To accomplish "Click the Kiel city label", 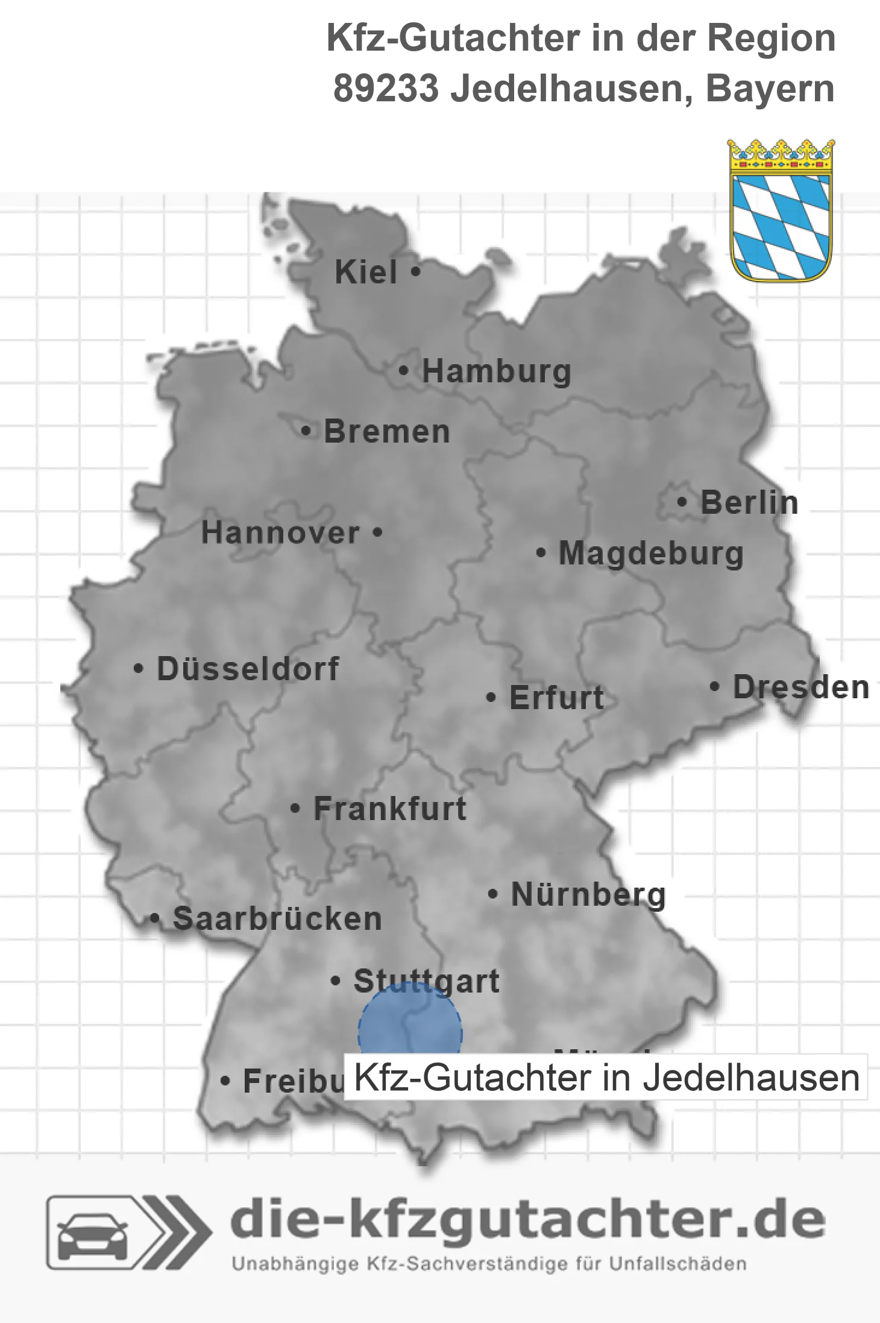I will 365,272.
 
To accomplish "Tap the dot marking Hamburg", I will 404,371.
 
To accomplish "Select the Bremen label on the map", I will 387,432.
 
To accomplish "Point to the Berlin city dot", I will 682,502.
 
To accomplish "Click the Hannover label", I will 280,533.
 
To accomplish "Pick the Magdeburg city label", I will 651,554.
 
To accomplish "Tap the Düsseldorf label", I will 248,669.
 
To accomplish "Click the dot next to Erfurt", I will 491,698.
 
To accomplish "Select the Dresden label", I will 801,687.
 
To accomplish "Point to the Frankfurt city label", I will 390,809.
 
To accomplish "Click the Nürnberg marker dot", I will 493,894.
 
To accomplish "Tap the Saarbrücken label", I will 277,919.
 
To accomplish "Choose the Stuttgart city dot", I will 336,980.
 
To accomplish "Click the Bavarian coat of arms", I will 781,210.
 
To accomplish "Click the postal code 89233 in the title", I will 386,89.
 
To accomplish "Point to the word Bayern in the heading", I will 770,89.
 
